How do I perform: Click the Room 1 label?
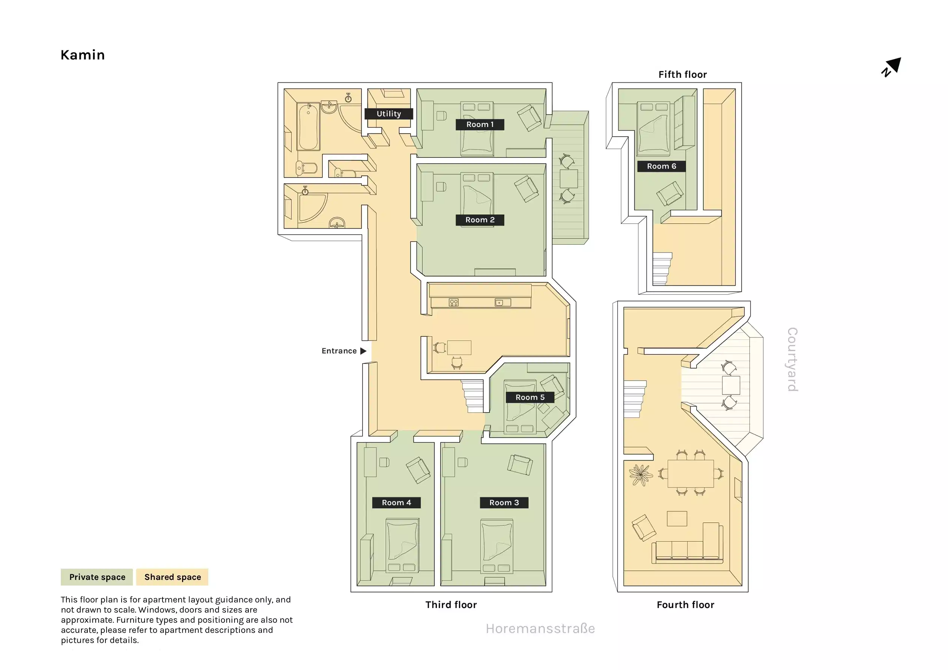point(480,124)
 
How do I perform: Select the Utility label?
point(388,114)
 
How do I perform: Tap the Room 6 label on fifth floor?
point(661,166)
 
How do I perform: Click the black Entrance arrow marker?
point(363,351)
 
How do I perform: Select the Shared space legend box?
point(172,577)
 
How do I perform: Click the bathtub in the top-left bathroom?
point(308,127)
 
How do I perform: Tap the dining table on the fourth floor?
point(690,473)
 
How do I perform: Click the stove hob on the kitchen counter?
point(453,303)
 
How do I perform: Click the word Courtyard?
point(792,359)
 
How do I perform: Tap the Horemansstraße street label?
point(540,628)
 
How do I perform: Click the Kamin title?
point(83,55)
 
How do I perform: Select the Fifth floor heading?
point(682,74)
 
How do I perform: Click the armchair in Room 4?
point(418,470)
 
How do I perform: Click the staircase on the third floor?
point(473,396)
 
